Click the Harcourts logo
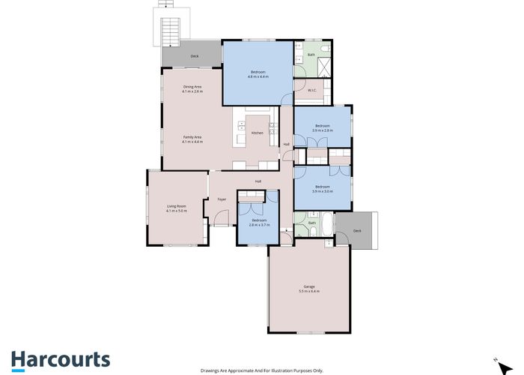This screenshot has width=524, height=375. [60, 360]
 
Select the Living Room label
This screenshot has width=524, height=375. [177, 208]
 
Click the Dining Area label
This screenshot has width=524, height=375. [192, 88]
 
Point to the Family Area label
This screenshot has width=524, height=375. [192, 139]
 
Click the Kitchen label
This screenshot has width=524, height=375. [257, 133]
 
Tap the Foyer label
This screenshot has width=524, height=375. [222, 199]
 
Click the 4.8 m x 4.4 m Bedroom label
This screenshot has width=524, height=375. [258, 73]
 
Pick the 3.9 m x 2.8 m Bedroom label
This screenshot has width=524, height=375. [323, 127]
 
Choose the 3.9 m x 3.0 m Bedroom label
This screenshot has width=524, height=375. [323, 187]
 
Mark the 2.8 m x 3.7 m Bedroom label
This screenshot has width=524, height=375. [259, 222]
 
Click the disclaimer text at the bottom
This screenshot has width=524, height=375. [261, 370]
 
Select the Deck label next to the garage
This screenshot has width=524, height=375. [357, 231]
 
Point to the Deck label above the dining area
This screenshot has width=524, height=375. [195, 56]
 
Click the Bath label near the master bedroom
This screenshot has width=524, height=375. [311, 55]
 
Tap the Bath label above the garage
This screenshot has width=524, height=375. [312, 223]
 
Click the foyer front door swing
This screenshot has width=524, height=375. [219, 219]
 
